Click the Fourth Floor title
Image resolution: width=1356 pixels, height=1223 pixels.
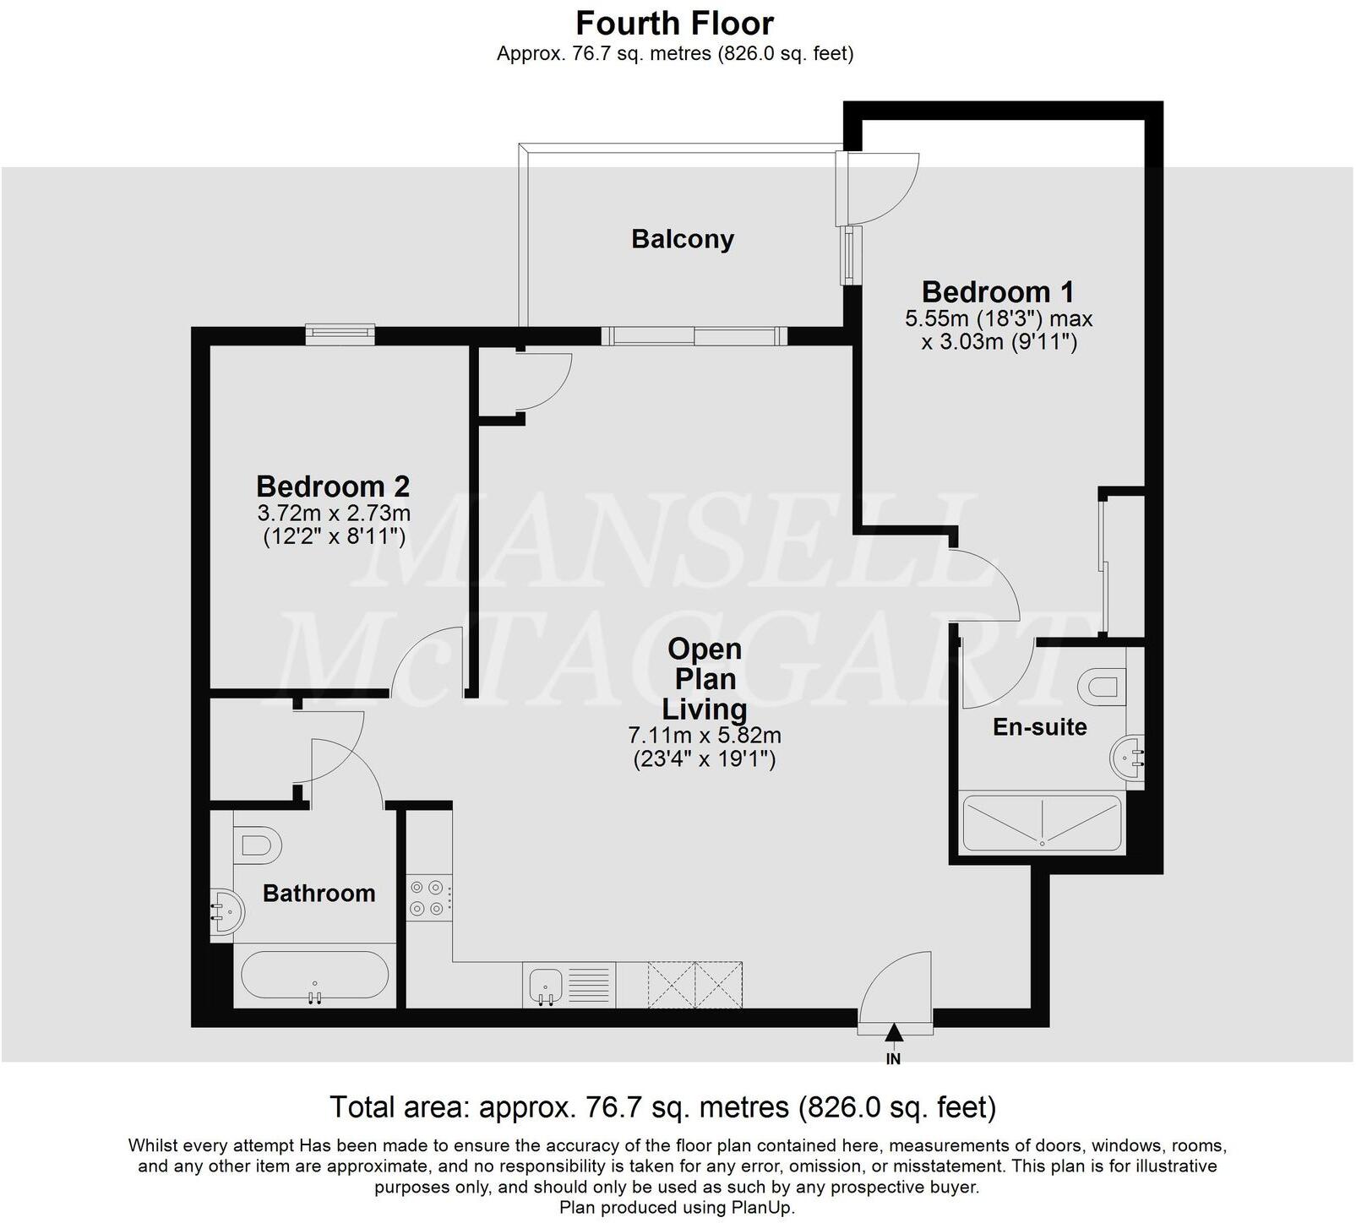pos(674,23)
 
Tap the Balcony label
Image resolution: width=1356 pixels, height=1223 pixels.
pos(683,239)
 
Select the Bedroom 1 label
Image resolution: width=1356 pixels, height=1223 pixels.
pos(998,292)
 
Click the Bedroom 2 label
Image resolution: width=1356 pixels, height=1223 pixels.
pos(333,486)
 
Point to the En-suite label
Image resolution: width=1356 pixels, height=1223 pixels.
pos(1039,727)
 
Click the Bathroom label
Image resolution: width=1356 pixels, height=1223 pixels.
pos(319,894)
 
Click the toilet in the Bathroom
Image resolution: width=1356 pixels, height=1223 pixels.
pos(258,845)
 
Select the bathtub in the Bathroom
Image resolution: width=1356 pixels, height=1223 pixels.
pos(315,978)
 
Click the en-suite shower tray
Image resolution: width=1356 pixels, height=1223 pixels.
pos(1043,823)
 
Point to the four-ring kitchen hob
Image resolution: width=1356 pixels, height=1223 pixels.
pos(427,899)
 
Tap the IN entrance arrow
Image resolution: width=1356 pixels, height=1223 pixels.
pos(893,1032)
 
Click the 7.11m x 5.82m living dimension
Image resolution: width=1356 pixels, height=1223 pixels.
pos(705,736)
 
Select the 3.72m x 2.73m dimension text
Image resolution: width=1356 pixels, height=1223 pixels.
pos(334,513)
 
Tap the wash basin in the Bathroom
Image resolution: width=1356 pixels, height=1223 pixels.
pos(226,912)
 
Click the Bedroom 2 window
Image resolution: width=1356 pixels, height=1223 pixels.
pos(340,334)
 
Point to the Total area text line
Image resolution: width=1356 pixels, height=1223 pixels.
pos(662,1106)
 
